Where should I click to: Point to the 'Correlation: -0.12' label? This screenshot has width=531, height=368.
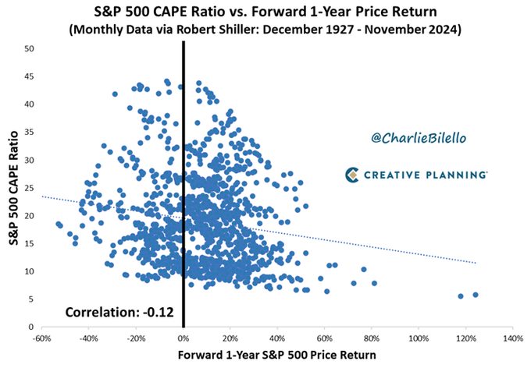[x=115, y=313]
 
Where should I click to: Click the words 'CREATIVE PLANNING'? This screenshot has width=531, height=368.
[x=427, y=175]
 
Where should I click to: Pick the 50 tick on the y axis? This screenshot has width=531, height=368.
[x=30, y=48]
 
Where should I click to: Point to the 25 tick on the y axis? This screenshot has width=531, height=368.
[x=30, y=188]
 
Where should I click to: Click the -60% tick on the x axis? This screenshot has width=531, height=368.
[x=41, y=338]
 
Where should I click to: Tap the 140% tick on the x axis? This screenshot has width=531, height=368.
[x=513, y=338]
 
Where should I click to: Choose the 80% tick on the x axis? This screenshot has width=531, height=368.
[x=372, y=338]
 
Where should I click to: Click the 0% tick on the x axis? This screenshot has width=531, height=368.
[x=184, y=338]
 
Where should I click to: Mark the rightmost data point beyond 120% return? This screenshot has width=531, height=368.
[x=476, y=295]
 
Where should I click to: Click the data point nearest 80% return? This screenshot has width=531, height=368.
[x=374, y=283]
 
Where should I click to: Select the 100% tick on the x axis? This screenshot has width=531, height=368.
[x=419, y=338]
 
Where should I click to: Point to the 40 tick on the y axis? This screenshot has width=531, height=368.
[x=30, y=104]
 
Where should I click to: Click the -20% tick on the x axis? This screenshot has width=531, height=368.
[x=136, y=338]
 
